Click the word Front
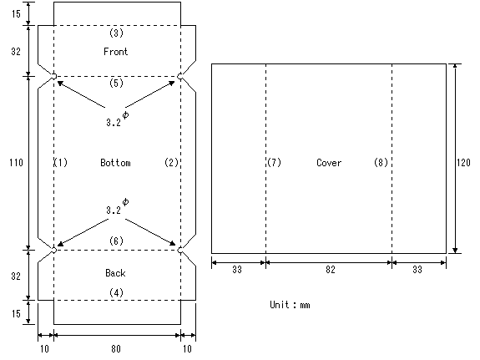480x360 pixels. coord(115,52)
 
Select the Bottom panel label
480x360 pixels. coord(115,162)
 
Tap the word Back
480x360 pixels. coord(115,272)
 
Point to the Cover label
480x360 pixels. coord(329,162)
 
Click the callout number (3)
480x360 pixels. coord(116,33)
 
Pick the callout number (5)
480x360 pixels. coord(116,83)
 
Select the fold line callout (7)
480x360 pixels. coord(274,162)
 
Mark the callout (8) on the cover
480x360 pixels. coord(381,162)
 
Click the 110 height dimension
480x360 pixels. coord(16,162)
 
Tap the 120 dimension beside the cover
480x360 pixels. coord(463,162)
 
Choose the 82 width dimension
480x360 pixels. coord(331,270)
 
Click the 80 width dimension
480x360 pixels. coord(116,348)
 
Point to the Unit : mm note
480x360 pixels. coord(290,305)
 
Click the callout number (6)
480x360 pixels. coord(116,241)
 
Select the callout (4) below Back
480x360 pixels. coord(116,293)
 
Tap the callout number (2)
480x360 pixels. coord(171,162)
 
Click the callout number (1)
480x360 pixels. coord(61,162)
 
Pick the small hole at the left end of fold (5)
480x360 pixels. coord(53,76)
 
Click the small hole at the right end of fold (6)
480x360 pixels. coord(180,251)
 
